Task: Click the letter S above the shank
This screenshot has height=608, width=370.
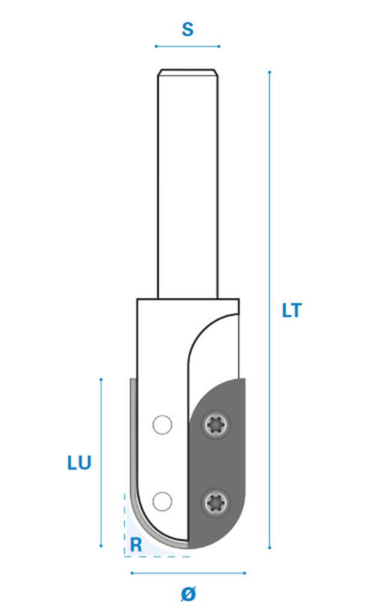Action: coord(188,29)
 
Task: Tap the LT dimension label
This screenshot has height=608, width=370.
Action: coord(291,311)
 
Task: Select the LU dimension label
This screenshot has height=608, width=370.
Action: coord(79,463)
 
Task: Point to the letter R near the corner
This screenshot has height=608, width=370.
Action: coord(136,545)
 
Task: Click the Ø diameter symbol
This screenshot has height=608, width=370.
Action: coord(188,594)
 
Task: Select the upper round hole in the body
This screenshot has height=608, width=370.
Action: coord(162,425)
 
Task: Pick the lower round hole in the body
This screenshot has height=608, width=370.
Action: coord(162,501)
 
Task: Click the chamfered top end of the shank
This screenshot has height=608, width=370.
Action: coord(188,73)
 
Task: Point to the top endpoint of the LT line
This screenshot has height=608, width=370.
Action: coord(270,72)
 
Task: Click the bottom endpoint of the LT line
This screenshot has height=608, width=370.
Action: coord(270,548)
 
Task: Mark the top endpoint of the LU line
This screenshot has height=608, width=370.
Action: coord(101,379)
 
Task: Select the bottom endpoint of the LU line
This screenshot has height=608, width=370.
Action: coord(101,546)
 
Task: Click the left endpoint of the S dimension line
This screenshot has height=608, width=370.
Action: coord(156,46)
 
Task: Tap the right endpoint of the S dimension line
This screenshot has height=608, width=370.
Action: coord(219,46)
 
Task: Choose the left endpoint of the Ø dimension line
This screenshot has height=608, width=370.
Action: coord(132,573)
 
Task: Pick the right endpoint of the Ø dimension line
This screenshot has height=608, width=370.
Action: coord(245,573)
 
